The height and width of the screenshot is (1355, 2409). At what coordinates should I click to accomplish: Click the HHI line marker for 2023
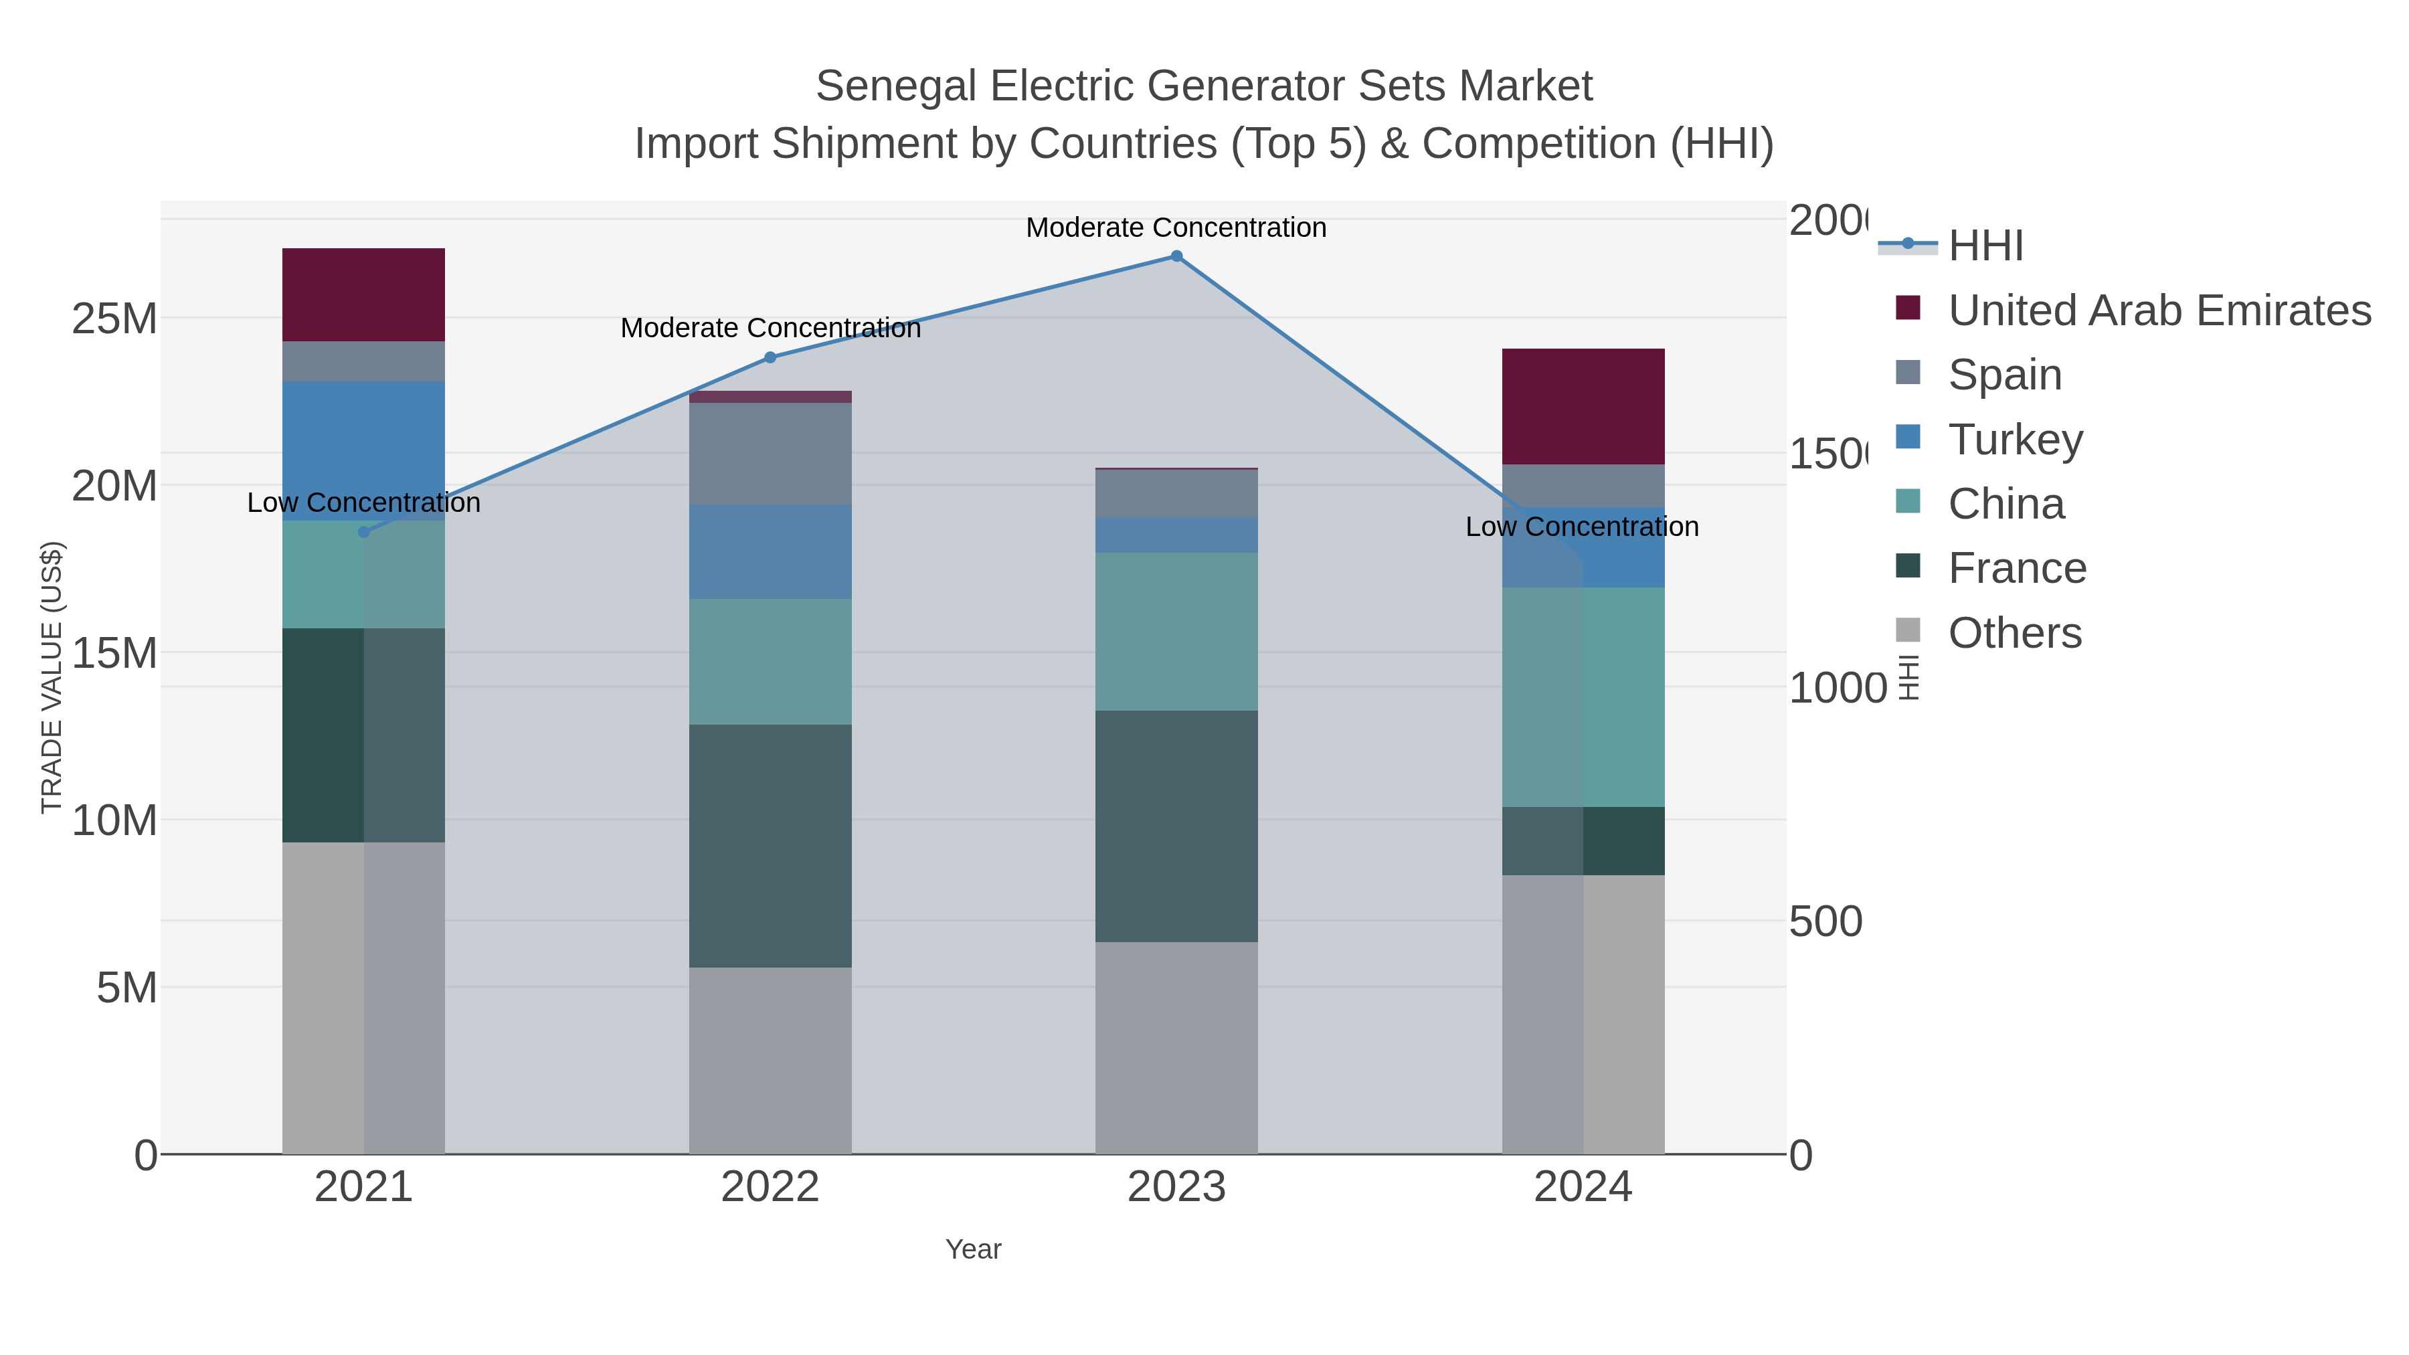(1176, 256)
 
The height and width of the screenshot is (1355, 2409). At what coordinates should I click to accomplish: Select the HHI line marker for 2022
(770, 357)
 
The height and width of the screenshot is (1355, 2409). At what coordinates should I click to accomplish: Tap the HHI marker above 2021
(364, 532)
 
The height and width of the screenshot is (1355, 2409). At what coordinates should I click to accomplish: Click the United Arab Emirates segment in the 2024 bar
(1583, 406)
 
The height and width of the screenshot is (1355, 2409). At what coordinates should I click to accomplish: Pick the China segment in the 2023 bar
(1176, 631)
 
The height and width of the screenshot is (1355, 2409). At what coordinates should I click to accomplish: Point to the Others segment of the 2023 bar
(1176, 1047)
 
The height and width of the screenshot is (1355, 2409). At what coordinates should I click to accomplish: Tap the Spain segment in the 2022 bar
(770, 454)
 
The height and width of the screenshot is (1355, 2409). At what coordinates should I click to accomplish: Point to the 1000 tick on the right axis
(1838, 689)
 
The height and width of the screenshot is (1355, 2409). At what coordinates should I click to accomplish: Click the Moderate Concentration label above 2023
(1176, 228)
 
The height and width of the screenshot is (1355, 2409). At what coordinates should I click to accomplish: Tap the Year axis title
(972, 1249)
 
